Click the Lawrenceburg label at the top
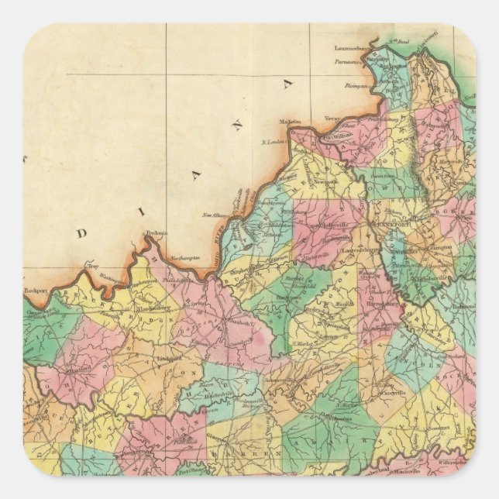[x=353, y=47]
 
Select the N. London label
[x=273, y=142]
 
